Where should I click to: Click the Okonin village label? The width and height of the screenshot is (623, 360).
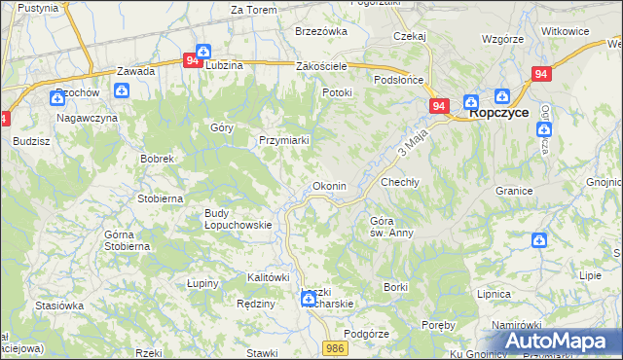(328, 186)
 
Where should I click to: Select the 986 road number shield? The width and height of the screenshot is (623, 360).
(336, 347)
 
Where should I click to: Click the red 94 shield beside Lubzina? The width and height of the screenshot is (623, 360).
(192, 59)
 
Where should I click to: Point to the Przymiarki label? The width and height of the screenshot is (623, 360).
(284, 140)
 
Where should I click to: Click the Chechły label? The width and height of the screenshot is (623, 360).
(399, 182)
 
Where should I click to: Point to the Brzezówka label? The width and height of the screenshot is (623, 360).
(321, 31)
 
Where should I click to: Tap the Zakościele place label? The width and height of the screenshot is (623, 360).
(321, 66)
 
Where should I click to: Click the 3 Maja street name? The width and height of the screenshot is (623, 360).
(414, 147)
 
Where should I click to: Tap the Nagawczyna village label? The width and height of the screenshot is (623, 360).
(87, 118)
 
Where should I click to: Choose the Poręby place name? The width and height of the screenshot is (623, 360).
(439, 324)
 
